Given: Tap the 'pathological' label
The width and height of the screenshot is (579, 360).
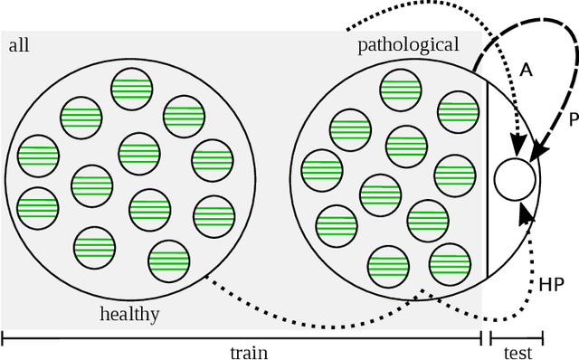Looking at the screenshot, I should click(408, 44).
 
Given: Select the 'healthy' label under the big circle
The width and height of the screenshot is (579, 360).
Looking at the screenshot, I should click(129, 314).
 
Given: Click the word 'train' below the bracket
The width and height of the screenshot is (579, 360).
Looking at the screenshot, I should click(248, 353).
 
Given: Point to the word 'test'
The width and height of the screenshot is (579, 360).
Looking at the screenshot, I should click(517, 353).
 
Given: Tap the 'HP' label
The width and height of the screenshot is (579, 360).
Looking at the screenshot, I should click(552, 285).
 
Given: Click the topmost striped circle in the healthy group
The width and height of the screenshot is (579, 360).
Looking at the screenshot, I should click(131, 90).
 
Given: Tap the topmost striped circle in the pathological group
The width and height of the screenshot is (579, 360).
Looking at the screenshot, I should click(399, 91).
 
